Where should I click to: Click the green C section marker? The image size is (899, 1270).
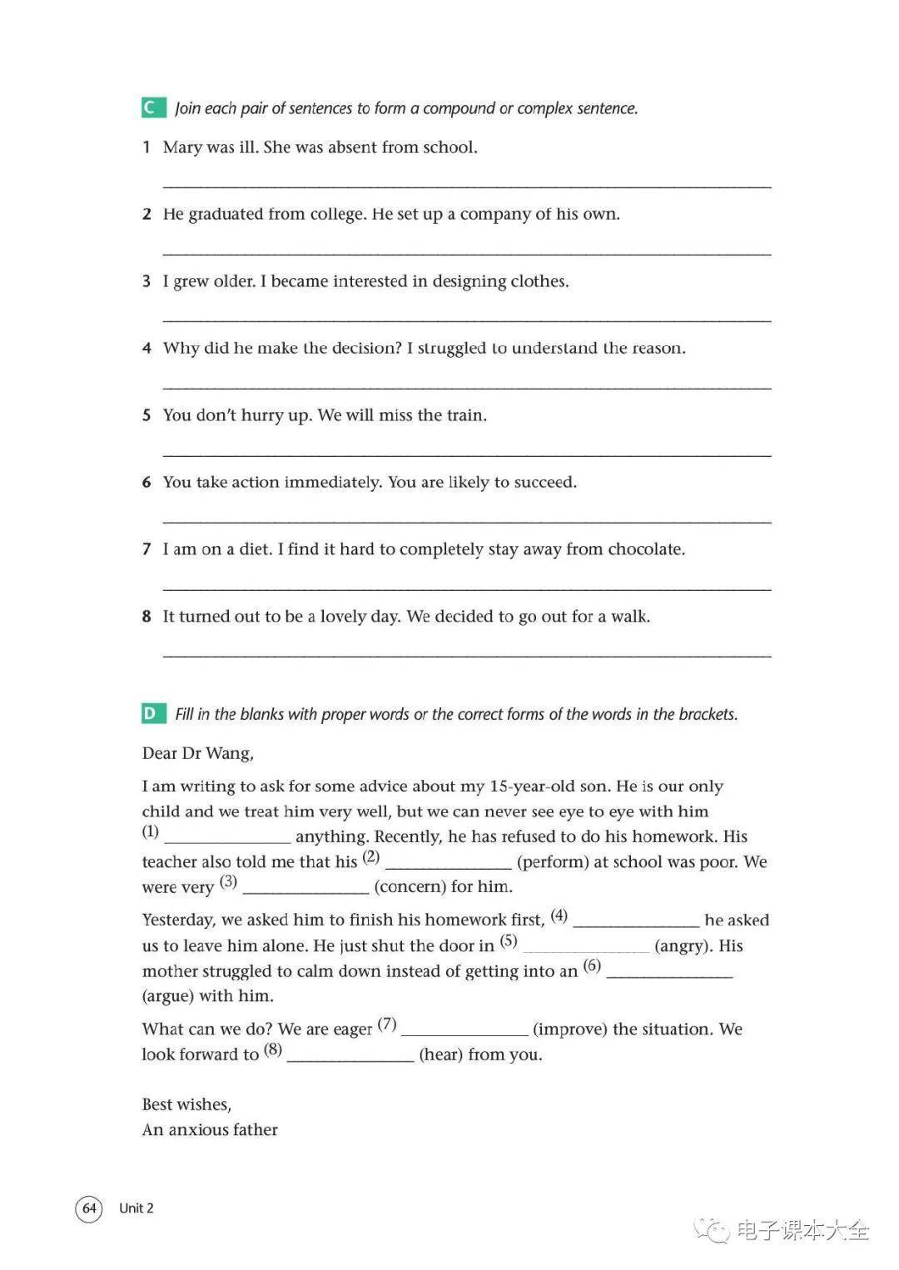coord(150,107)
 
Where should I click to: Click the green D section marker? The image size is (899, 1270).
coord(150,713)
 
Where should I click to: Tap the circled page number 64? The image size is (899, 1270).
coord(89,1208)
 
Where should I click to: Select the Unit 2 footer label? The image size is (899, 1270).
coord(136,1208)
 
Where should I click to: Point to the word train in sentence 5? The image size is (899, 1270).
coord(466,415)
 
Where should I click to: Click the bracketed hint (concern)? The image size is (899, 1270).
coord(410,887)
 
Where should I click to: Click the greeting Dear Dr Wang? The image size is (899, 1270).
coord(198,753)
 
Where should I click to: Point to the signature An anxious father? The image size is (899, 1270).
coord(210,1129)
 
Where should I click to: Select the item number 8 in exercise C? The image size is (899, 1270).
coord(147,617)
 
